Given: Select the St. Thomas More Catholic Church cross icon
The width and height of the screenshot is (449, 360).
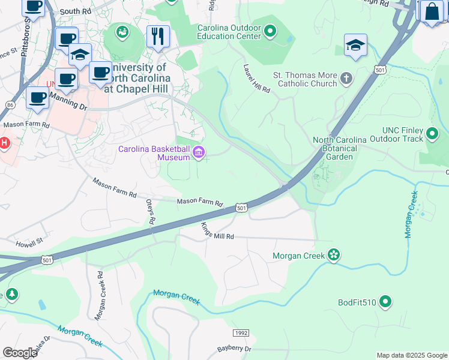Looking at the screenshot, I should pos(346,77).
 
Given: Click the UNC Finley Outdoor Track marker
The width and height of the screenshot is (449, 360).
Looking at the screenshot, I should pos(433,134).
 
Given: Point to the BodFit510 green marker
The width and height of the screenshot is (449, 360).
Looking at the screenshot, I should pos(385,302).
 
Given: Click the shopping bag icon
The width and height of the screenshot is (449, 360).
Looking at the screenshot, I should pos(432,11).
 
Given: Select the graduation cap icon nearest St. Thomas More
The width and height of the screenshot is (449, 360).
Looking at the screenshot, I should pos(355,45).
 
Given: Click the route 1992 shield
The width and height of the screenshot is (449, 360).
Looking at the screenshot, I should pos(240,332).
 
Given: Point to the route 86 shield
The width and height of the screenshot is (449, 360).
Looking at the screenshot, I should pos(10,104).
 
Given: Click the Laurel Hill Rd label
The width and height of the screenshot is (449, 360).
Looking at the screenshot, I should pos(257,79).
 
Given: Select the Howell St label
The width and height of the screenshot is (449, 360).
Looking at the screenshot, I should pos(30,244).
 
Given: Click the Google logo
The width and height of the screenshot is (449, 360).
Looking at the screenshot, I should pos(20,353).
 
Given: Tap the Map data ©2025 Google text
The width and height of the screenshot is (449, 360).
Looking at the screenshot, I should pos(411,355).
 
